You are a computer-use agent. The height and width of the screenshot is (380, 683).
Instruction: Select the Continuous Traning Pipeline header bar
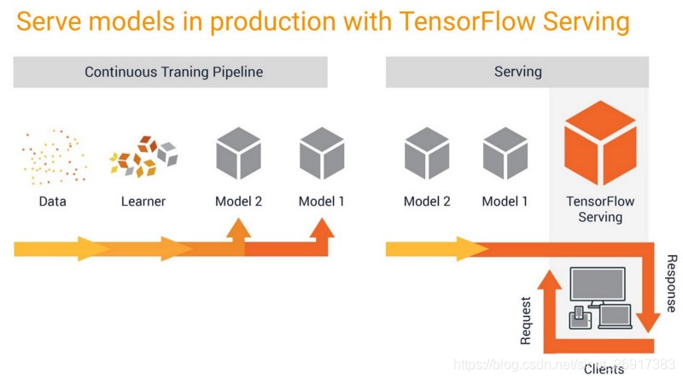tap(171, 72)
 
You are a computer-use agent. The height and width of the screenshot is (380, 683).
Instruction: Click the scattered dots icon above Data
tap(53, 156)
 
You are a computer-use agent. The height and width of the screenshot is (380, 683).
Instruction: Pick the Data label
tap(52, 202)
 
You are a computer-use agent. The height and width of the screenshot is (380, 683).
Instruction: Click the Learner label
tap(143, 202)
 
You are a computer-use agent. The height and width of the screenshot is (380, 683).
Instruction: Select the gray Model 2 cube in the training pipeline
tap(238, 154)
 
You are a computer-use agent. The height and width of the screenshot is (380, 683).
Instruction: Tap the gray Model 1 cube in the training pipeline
tap(322, 154)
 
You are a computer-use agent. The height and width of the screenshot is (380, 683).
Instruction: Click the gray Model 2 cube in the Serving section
tap(426, 154)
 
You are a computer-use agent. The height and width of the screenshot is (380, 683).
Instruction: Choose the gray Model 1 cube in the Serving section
tap(505, 154)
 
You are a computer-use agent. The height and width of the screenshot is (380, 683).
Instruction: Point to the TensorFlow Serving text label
tap(600, 209)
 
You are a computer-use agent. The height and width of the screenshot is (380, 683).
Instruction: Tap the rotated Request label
tap(525, 321)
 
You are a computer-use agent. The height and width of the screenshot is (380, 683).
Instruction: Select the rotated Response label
tap(671, 283)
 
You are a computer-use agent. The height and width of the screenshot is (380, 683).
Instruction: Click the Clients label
tap(604, 369)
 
